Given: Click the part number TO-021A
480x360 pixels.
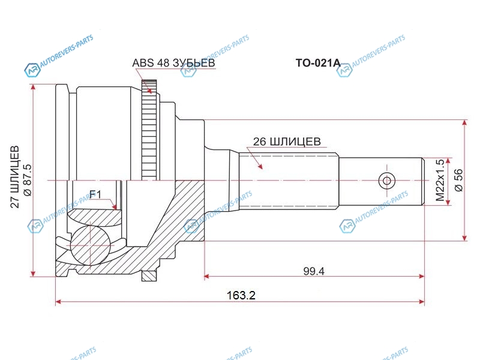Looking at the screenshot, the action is (x=318, y=63).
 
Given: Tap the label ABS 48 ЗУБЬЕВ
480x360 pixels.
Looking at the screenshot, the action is (x=173, y=63).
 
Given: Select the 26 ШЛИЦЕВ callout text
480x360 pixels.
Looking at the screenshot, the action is (x=287, y=142).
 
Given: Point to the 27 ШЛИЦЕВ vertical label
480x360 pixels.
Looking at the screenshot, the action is (x=15, y=177).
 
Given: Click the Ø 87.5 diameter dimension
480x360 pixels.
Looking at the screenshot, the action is (x=27, y=180).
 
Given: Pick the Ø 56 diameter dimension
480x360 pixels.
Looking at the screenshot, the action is (x=459, y=181).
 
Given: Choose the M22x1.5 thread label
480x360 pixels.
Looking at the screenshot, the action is (x=440, y=181).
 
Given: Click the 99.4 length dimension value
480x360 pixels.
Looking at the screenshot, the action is (x=314, y=271).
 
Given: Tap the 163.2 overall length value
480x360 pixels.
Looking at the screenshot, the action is (x=241, y=295).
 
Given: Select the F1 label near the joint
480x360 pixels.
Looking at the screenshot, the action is (x=95, y=194).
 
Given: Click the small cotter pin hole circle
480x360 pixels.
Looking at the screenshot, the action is (x=386, y=181).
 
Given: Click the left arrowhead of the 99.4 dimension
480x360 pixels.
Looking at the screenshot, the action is (x=206, y=277).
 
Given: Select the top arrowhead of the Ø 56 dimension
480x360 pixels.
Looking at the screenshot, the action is (x=464, y=123).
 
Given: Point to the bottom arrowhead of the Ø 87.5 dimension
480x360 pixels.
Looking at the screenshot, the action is (x=33, y=274).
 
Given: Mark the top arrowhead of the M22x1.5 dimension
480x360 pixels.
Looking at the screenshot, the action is (x=449, y=160).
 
